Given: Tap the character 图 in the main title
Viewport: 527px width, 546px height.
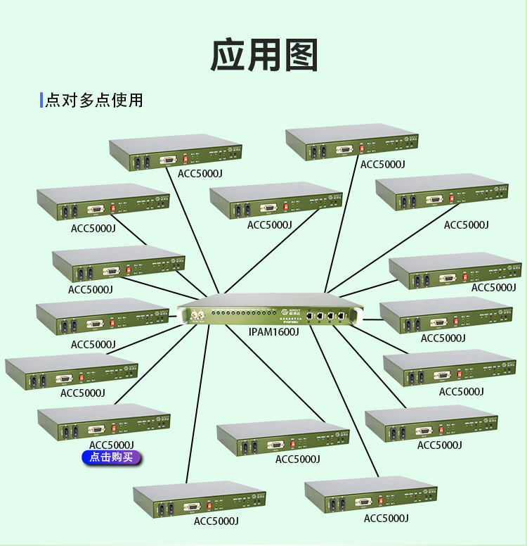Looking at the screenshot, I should pyautogui.click(x=299, y=56).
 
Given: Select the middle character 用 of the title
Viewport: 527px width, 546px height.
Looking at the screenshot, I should pyautogui.click(x=263, y=56).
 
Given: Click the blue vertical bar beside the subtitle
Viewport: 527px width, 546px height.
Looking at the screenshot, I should pyautogui.click(x=41, y=99).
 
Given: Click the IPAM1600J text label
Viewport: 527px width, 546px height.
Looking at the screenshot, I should pyautogui.click(x=274, y=331).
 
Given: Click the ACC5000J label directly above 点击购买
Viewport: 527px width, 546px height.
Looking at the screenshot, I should pyautogui.click(x=111, y=445).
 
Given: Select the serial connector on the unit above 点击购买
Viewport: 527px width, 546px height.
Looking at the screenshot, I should pyautogui.click(x=96, y=429).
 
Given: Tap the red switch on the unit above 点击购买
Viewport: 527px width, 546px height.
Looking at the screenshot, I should pyautogui.click(x=114, y=427).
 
